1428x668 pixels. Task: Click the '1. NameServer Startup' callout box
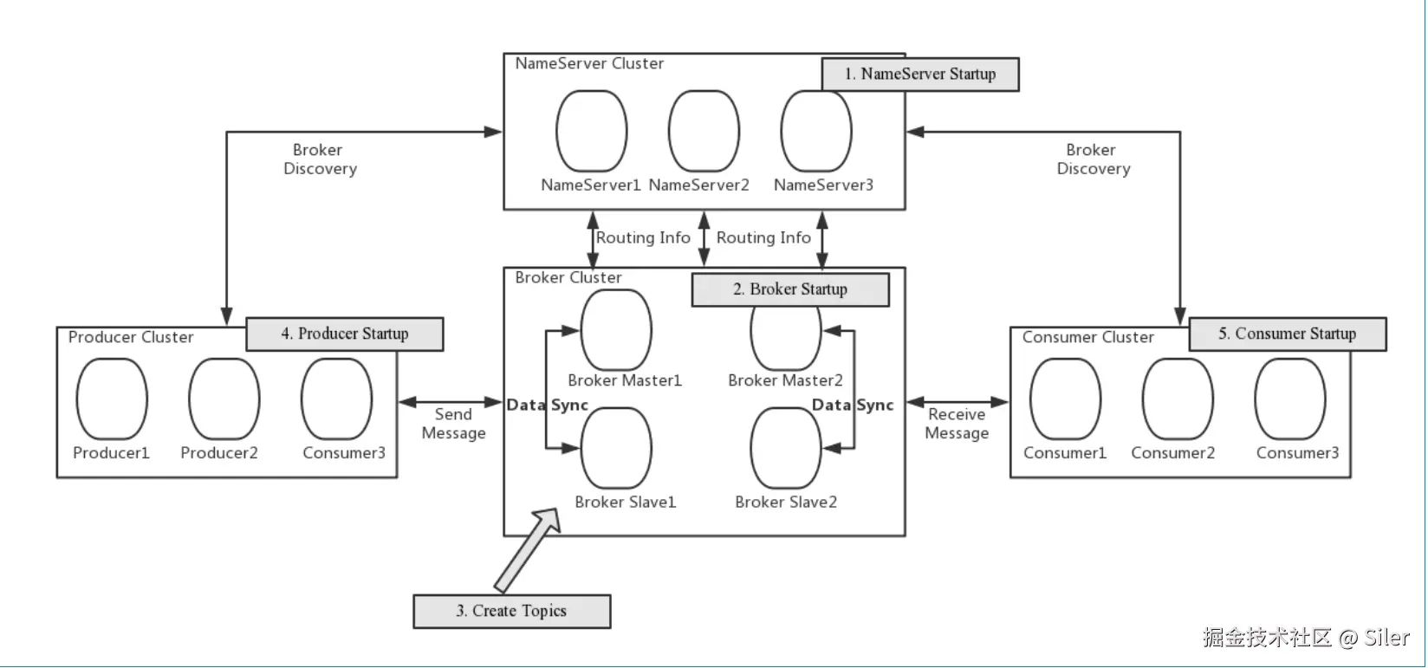coord(919,75)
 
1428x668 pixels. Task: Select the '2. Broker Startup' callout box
coord(789,289)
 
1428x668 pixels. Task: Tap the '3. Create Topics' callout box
coord(511,611)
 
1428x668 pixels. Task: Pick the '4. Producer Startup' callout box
coord(344,334)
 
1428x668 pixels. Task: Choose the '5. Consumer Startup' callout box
coord(1287,334)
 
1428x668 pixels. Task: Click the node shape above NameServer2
coord(704,131)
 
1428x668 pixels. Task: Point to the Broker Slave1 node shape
coord(616,449)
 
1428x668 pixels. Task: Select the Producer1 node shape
coord(112,399)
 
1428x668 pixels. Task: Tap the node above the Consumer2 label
coord(1177,399)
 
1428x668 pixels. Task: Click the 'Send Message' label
coord(453,424)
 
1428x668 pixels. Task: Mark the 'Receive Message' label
coord(957,424)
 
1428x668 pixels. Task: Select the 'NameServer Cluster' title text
coord(589,63)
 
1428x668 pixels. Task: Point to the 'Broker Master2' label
coord(785,380)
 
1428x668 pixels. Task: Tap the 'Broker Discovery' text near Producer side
coord(319,159)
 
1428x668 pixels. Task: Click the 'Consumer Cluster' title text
coord(1087,337)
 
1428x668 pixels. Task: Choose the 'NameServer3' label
coord(823,185)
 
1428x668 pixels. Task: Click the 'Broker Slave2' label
coord(785,502)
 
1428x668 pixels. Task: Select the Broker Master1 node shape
coord(616,330)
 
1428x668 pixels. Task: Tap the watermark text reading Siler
coord(1386,639)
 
